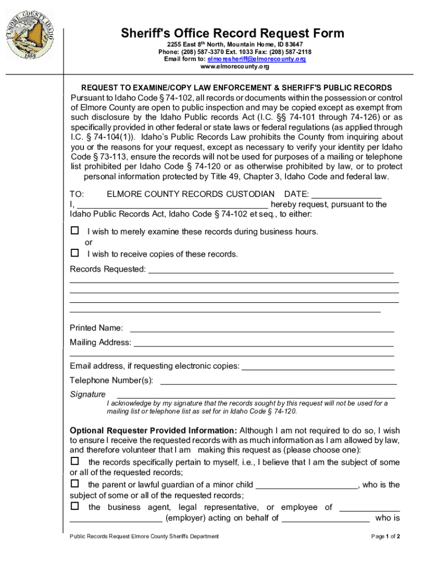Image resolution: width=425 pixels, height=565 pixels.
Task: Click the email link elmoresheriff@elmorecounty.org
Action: (257, 58)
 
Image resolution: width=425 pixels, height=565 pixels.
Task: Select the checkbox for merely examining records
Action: (75, 231)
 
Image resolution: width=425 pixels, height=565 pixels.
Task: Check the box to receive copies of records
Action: (75, 253)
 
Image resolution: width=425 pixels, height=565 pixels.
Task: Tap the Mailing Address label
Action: (100, 343)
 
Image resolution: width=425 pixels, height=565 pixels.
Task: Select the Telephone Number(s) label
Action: (111, 381)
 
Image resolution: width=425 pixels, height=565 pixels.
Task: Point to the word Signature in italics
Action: (88, 395)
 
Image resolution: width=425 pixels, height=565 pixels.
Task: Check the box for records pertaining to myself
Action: (75, 461)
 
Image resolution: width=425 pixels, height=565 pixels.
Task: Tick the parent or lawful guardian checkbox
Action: (75, 483)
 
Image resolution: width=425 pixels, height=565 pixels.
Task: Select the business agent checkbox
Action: (75, 506)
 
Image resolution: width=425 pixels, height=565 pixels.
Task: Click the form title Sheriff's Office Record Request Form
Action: (232, 33)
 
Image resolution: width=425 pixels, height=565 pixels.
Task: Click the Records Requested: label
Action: (108, 269)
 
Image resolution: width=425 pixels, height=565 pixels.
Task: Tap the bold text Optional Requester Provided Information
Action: (153, 430)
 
